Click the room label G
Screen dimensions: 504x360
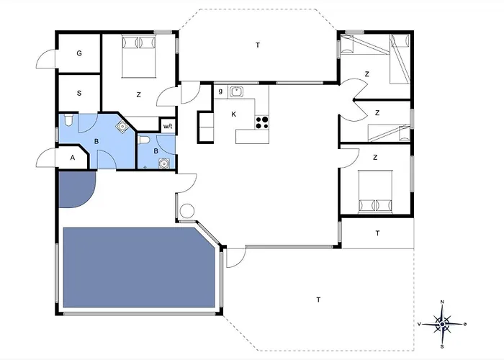click(x=79, y=53)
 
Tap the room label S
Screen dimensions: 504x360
click(x=79, y=94)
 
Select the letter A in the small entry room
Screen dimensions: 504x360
click(x=73, y=158)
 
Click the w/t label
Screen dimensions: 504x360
click(x=168, y=126)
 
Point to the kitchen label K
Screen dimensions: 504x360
click(x=234, y=114)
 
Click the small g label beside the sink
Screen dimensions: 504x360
click(x=220, y=91)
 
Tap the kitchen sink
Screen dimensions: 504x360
click(x=236, y=91)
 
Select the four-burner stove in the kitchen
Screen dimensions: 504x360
click(x=262, y=123)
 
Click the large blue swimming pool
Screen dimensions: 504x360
click(x=139, y=267)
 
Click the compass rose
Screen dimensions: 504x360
click(x=442, y=324)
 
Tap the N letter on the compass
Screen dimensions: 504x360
click(x=442, y=302)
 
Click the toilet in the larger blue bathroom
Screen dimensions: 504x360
click(x=68, y=120)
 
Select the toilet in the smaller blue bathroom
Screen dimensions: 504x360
click(x=144, y=140)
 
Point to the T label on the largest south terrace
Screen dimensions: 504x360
click(x=318, y=300)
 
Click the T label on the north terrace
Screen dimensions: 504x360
click(x=258, y=45)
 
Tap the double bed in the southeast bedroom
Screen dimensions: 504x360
click(x=376, y=192)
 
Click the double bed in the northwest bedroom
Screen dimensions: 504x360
click(x=139, y=56)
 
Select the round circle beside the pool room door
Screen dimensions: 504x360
click(x=187, y=211)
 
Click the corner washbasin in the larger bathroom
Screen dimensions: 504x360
click(x=122, y=126)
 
